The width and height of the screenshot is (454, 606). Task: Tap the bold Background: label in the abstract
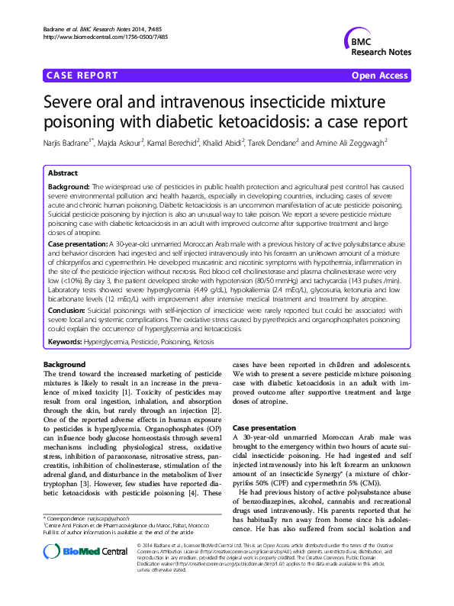68,187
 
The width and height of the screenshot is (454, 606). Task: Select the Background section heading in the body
65,365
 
